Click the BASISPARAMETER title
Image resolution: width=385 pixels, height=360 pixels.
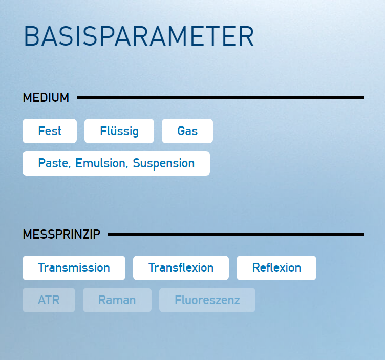tap(139, 36)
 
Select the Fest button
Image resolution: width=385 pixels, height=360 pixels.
tap(50, 131)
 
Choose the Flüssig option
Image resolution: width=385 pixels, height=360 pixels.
tap(119, 131)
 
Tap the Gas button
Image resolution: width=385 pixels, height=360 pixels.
tap(187, 131)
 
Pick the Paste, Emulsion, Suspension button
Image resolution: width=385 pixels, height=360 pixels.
tap(116, 163)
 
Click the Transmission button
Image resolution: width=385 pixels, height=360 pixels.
tap(74, 268)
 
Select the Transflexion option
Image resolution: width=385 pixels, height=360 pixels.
tap(181, 268)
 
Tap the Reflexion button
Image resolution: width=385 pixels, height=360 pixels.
tap(276, 268)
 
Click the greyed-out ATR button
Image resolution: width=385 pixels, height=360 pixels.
tap(49, 300)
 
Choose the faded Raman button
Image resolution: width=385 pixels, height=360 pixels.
tap(117, 300)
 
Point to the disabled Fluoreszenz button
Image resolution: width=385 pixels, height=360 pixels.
tap(207, 300)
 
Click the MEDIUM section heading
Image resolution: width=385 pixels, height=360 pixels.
tap(46, 97)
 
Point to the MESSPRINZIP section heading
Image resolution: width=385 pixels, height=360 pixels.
tap(61, 234)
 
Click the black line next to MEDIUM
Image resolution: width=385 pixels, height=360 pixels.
tap(220, 97)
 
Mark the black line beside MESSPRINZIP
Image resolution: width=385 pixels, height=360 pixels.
tap(236, 234)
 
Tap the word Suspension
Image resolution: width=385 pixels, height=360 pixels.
tap(164, 163)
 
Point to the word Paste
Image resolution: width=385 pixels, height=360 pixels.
tap(54, 163)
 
